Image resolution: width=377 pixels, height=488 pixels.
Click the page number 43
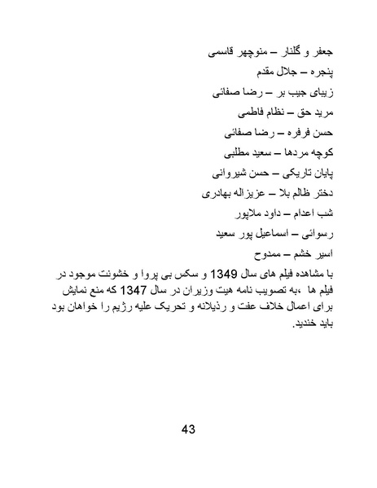tap(188, 430)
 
